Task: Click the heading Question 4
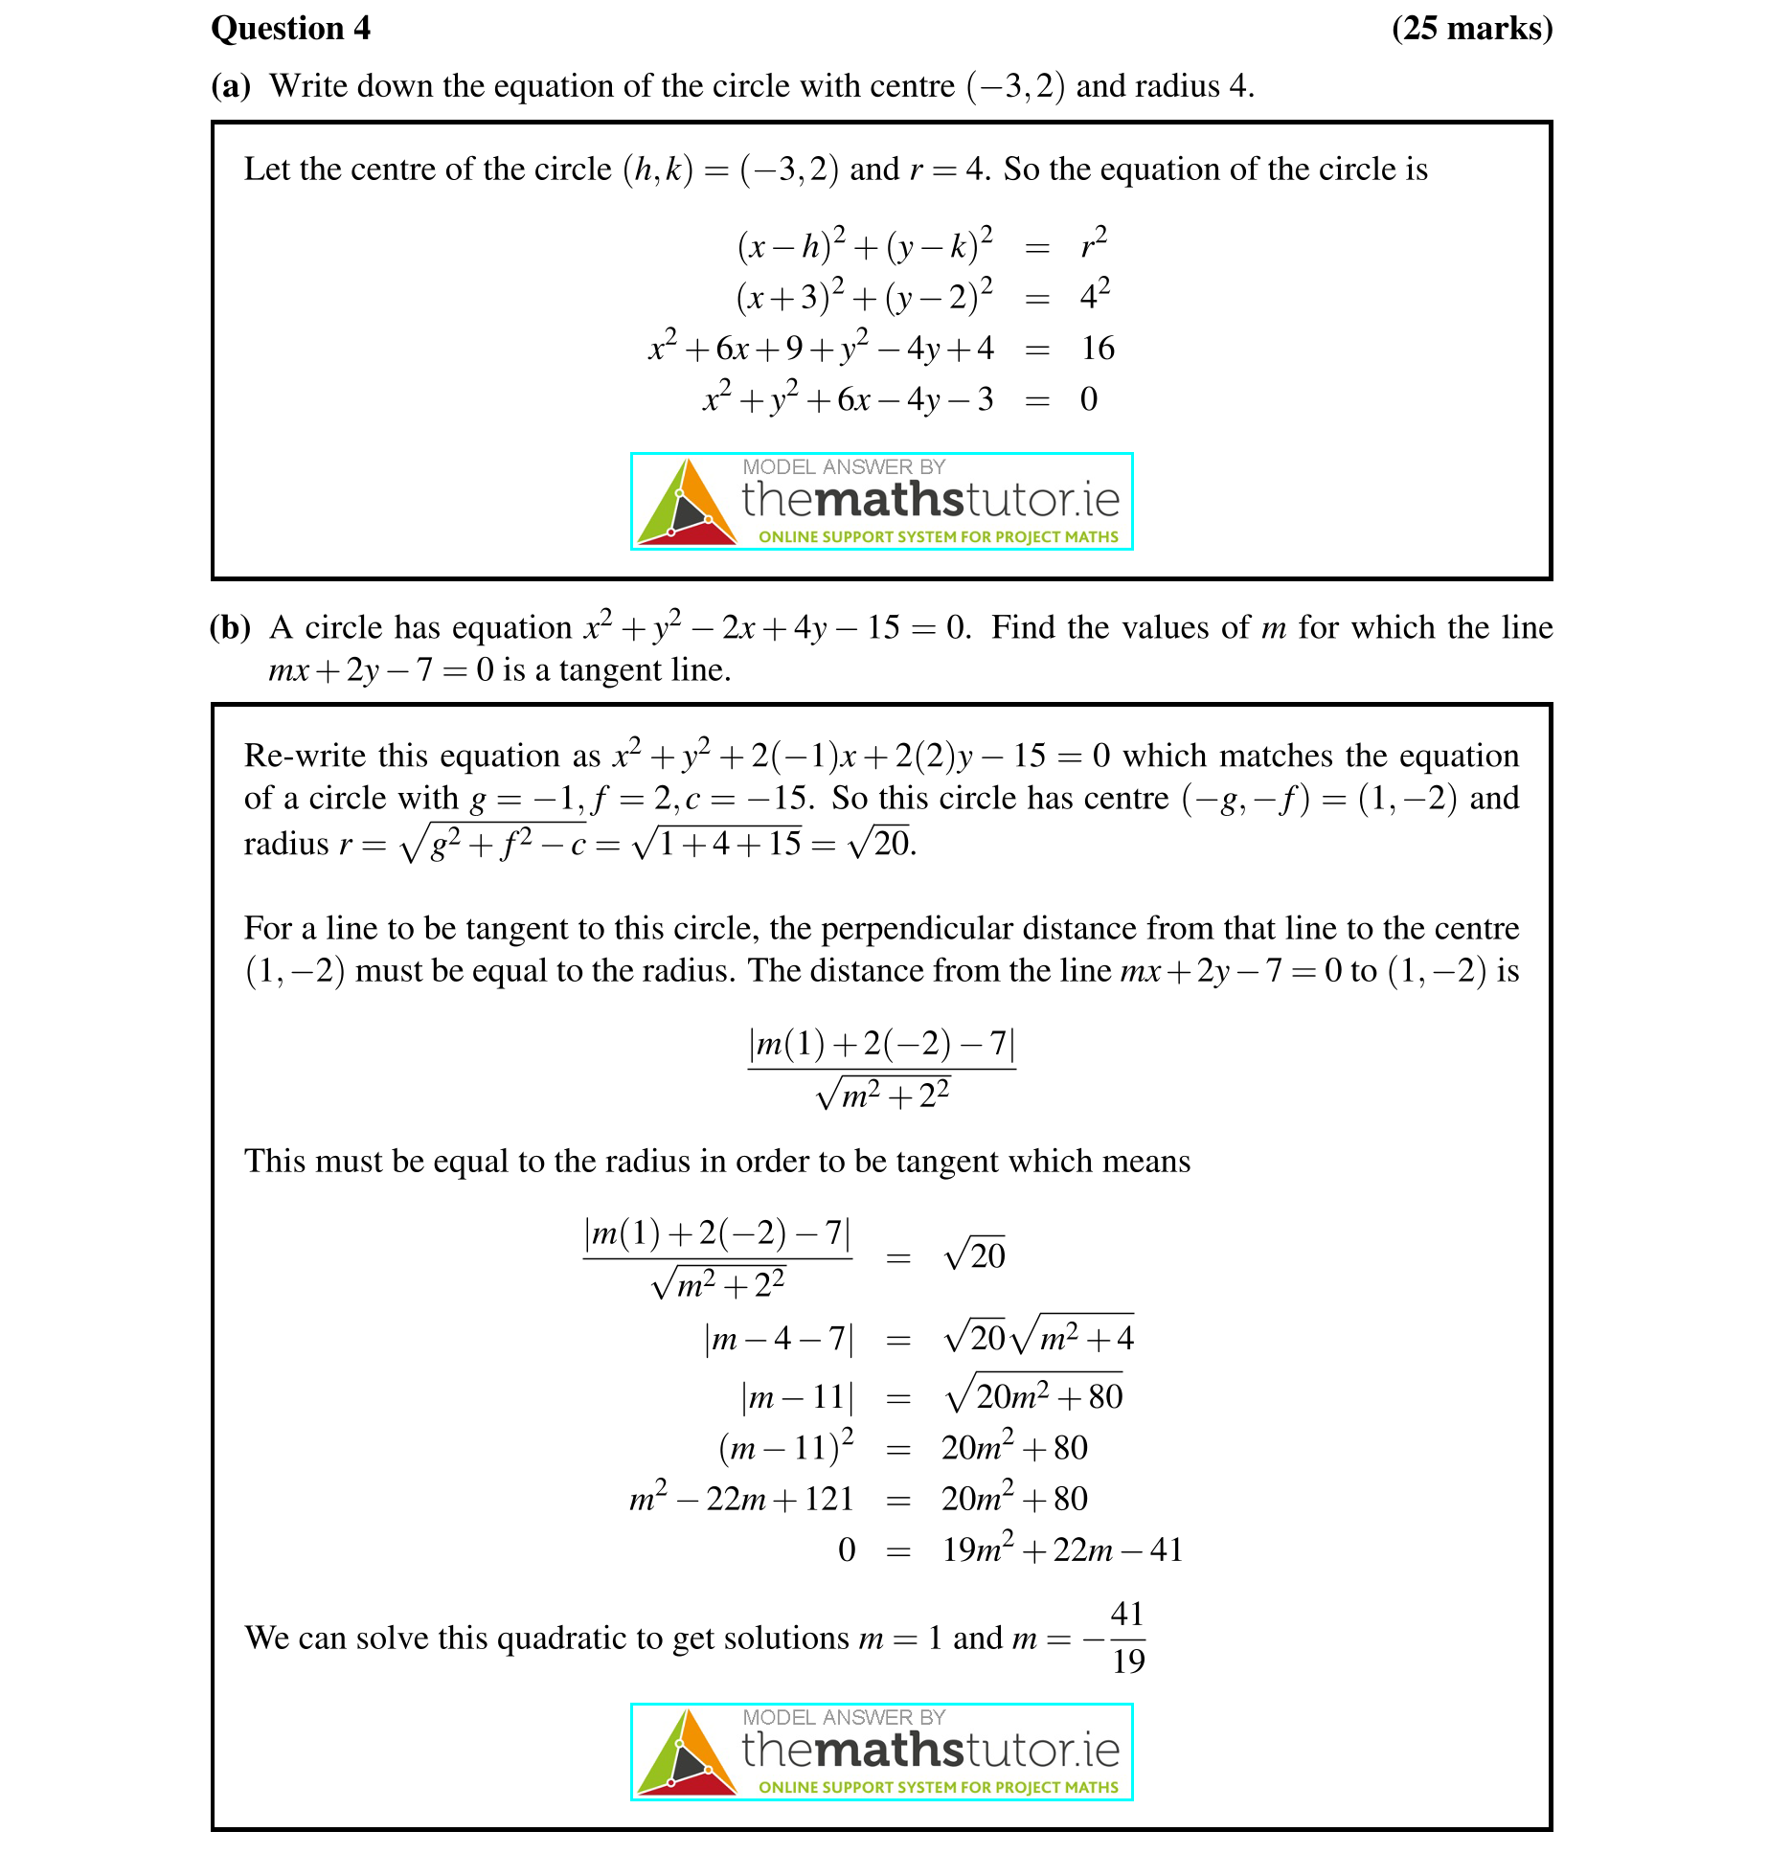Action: point(290,29)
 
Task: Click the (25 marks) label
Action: point(1471,29)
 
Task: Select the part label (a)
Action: point(231,86)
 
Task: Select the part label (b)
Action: point(231,627)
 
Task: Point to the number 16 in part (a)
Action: point(1098,349)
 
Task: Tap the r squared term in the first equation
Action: point(1094,243)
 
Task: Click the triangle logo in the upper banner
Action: point(686,504)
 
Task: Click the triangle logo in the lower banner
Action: point(686,1753)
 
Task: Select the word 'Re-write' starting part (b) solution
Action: point(305,756)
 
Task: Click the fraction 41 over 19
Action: point(1127,1638)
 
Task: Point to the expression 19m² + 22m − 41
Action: point(1062,1549)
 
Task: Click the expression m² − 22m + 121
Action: point(740,1499)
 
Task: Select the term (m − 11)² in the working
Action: point(786,1447)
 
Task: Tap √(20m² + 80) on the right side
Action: point(1034,1395)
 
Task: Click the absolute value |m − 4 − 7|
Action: point(779,1338)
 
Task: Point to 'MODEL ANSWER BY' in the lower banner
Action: point(844,1717)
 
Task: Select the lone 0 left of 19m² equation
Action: point(847,1549)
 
